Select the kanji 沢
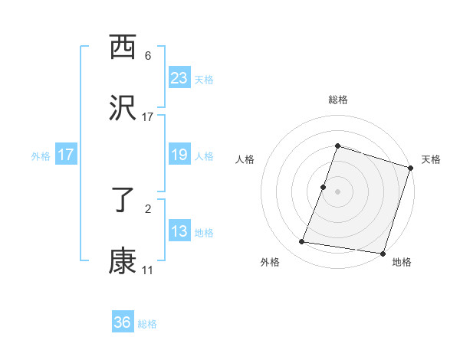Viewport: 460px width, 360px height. tap(123, 108)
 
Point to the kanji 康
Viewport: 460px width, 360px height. tap(123, 261)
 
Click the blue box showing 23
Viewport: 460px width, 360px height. tap(179, 78)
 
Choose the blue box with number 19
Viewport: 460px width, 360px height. tap(179, 155)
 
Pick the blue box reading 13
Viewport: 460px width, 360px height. tap(179, 231)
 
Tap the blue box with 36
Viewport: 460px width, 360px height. tap(123, 322)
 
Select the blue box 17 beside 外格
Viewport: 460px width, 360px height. tap(66, 155)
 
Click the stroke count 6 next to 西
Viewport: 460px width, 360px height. tap(148, 56)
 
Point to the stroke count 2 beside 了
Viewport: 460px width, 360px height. tap(148, 208)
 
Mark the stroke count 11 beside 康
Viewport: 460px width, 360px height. tap(147, 270)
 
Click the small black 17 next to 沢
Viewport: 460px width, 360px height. tap(147, 117)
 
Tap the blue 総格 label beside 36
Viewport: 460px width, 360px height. tap(147, 324)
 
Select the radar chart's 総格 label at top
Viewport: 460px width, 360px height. tap(338, 100)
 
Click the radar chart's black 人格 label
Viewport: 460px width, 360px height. tap(245, 159)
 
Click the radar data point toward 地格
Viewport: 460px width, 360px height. tap(382, 253)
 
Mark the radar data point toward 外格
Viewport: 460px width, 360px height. tap(302, 242)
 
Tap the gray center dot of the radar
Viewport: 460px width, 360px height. tap(338, 191)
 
